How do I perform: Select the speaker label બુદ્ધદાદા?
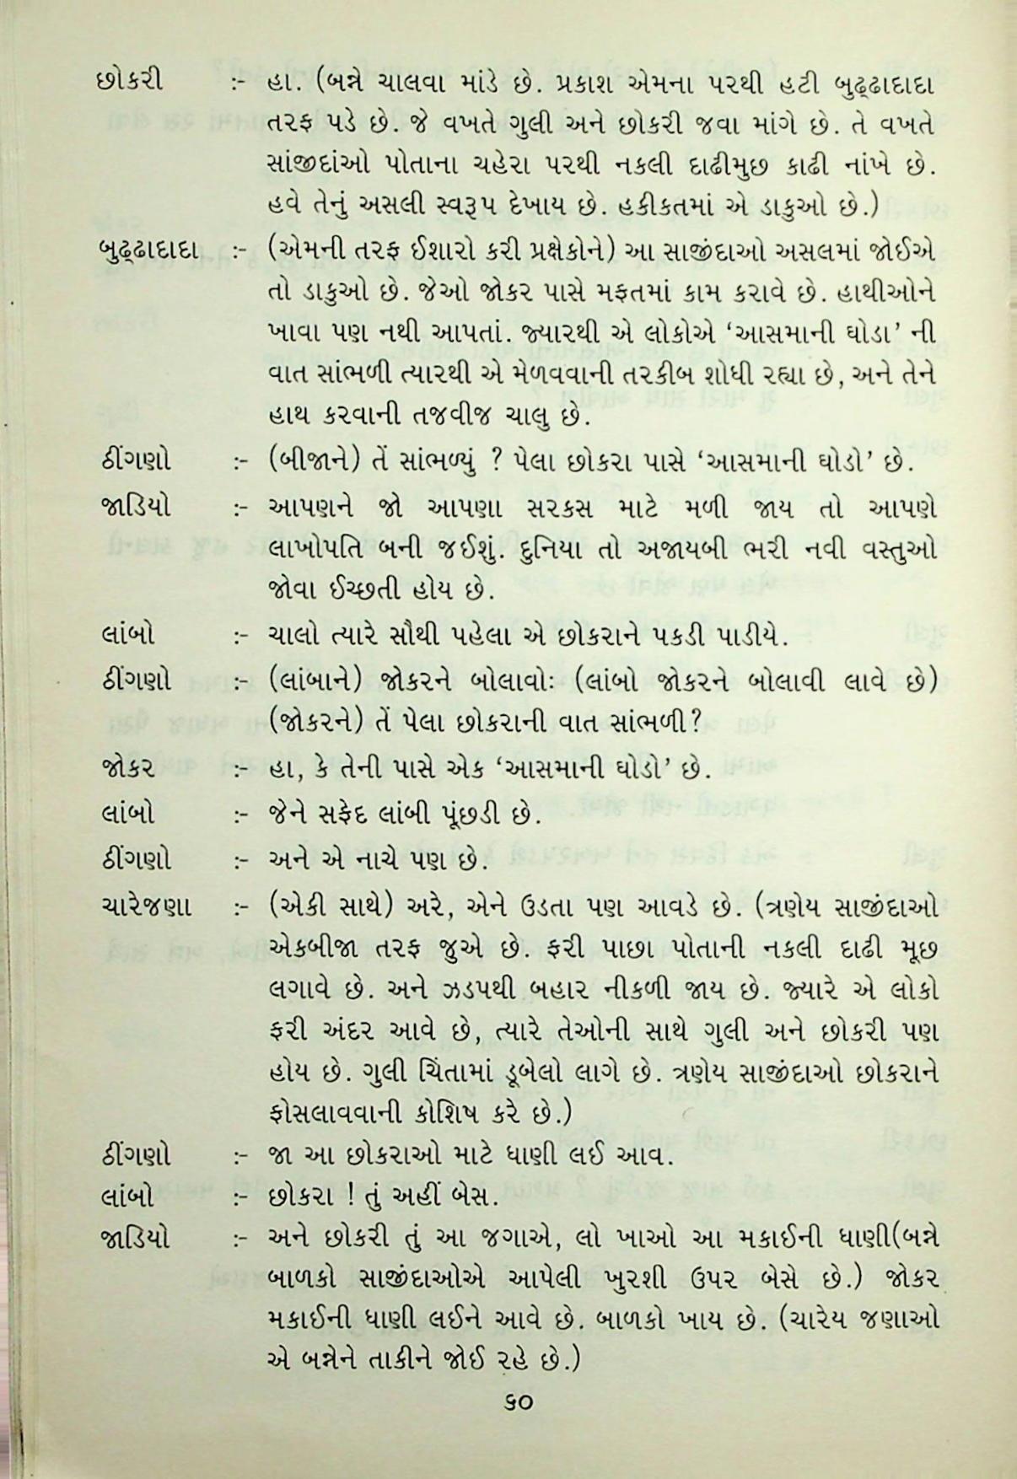point(145,252)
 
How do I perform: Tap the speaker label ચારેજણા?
point(145,906)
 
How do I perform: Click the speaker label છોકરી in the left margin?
point(131,84)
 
